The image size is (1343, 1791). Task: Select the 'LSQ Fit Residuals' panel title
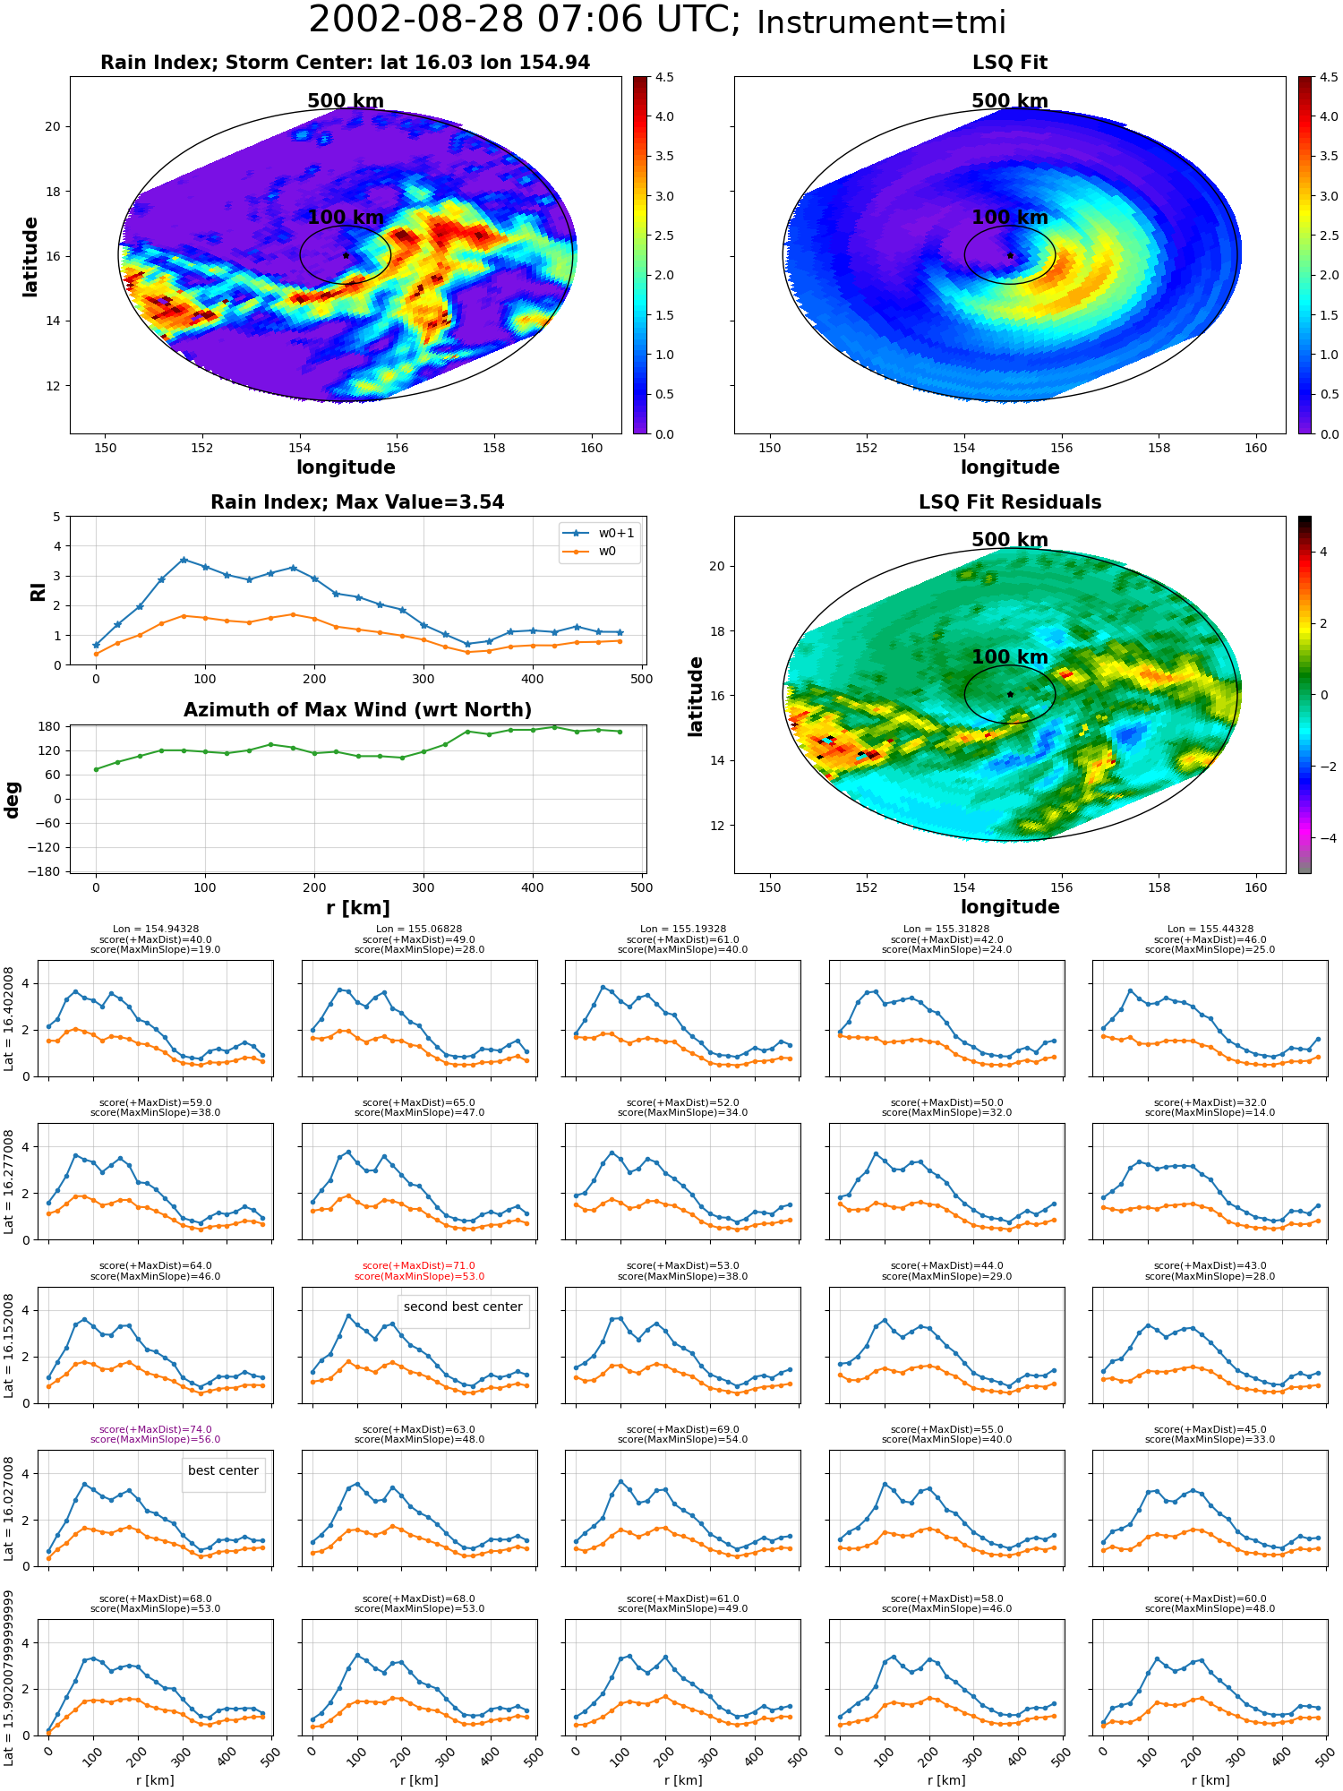click(1010, 502)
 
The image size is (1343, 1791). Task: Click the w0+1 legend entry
click(599, 533)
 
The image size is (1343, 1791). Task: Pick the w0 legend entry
click(591, 551)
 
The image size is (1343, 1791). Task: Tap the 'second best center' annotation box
click(463, 1307)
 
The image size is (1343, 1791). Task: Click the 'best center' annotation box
click(223, 1470)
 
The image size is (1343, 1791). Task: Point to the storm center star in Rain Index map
click(346, 255)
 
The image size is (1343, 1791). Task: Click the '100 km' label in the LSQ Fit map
click(1010, 218)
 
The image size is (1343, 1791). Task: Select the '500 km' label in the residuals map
click(1010, 540)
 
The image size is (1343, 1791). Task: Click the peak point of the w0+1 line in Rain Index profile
click(184, 560)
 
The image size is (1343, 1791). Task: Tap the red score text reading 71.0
click(419, 1266)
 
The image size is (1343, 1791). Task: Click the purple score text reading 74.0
click(156, 1430)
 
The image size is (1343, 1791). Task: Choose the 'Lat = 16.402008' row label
click(9, 1018)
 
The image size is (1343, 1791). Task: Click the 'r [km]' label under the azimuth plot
click(358, 908)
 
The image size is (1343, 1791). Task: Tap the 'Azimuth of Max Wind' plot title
click(358, 710)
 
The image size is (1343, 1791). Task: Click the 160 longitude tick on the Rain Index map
click(591, 448)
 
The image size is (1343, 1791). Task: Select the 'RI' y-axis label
click(38, 591)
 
